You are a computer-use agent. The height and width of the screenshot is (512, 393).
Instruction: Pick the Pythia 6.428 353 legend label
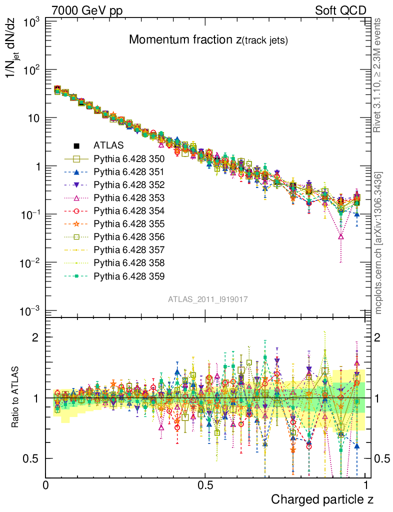[x=129, y=197]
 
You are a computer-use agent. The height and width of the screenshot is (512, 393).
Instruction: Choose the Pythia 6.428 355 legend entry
[x=129, y=223]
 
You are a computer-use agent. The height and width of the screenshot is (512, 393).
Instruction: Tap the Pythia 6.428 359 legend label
[x=129, y=275]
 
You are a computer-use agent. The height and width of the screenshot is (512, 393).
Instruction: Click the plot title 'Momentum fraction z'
[x=208, y=40]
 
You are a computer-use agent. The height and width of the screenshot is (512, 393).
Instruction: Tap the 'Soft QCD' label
[x=340, y=10]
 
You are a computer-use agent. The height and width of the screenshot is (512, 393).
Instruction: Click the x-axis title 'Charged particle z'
[x=322, y=499]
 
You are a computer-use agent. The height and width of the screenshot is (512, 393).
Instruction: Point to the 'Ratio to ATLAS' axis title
[x=16, y=397]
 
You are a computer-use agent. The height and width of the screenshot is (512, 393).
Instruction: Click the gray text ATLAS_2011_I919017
[x=208, y=299]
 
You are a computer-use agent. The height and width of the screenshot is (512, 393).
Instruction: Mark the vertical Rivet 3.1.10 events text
[x=378, y=75]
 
